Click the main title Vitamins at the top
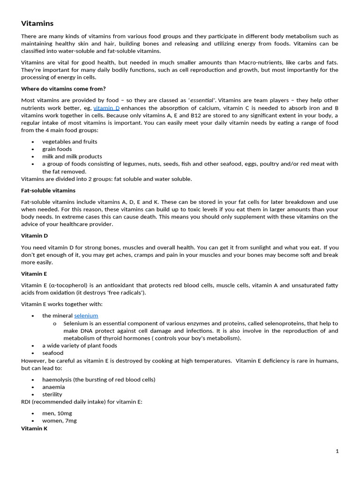[x=37, y=23]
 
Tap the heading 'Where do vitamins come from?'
[x=63, y=89]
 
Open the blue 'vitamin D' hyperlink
[x=106, y=108]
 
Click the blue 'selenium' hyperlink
[x=86, y=315]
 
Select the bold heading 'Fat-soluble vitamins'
[x=48, y=190]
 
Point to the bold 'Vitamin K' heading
[x=34, y=428]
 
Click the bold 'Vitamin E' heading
[x=34, y=274]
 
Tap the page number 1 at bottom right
[x=337, y=451]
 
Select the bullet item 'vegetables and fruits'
[x=70, y=142]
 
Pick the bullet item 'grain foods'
[x=57, y=149]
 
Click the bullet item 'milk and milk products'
[x=72, y=157]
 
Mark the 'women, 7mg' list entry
[x=60, y=420]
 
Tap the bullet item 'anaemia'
[x=53, y=387]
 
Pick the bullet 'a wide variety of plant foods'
[x=80, y=345]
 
